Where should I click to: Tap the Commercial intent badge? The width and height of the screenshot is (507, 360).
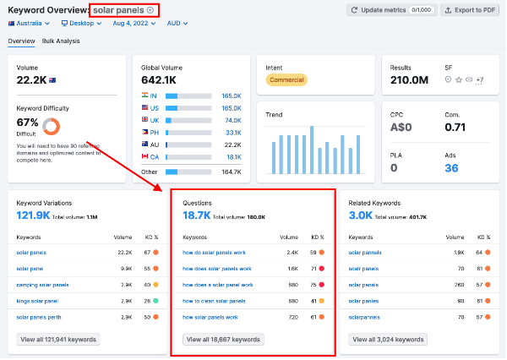click(x=286, y=80)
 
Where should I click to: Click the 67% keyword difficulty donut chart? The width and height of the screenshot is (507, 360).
click(x=51, y=127)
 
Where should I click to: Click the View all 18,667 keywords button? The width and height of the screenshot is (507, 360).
click(x=222, y=339)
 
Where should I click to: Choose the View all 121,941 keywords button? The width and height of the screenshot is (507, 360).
click(x=57, y=339)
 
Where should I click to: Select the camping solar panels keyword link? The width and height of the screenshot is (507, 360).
click(x=42, y=285)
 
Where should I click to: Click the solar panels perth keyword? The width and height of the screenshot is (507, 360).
click(x=38, y=317)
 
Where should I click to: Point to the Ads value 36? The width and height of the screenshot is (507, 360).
click(x=451, y=168)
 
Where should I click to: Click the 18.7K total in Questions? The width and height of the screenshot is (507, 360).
click(x=197, y=216)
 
